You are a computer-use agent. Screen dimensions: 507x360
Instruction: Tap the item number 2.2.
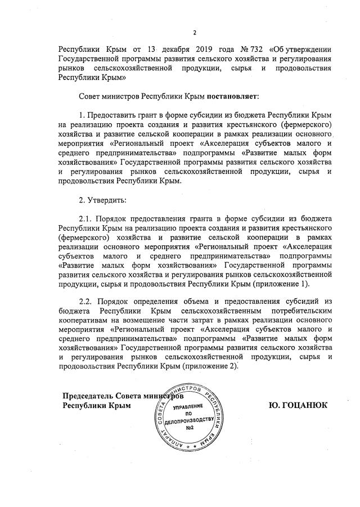[85, 302]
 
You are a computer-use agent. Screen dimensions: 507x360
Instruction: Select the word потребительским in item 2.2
[299, 310]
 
